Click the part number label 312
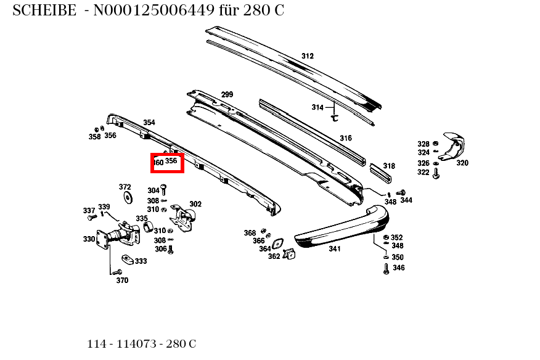307,56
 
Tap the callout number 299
227,95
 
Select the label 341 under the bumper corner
334,249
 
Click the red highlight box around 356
168,162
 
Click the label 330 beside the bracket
89,239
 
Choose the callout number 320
462,163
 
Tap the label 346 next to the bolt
398,268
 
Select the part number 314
317,107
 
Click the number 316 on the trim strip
345,138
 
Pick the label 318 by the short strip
388,166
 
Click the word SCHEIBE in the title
44,10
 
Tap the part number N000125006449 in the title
154,10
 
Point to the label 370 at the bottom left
122,280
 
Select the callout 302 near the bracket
195,204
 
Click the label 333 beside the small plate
141,261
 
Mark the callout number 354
149,123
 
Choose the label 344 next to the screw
406,200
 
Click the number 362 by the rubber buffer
274,256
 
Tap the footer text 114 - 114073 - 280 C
142,344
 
